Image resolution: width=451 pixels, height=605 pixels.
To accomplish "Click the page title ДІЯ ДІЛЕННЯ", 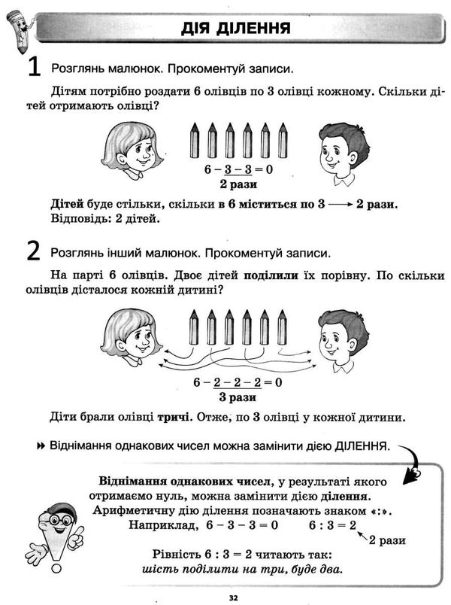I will [236, 30].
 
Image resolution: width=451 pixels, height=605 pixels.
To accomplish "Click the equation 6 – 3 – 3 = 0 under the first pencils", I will [238, 169].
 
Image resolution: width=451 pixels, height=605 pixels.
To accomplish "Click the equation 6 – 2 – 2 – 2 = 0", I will [238, 382].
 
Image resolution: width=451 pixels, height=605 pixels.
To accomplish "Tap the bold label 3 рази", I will [238, 397].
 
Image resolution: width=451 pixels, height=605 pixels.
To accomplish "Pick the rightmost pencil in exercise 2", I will [283, 326].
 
